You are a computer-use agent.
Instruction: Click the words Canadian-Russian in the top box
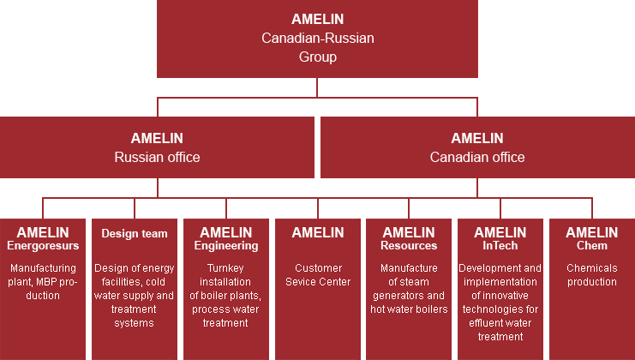[317, 38]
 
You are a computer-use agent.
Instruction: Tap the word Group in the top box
[317, 57]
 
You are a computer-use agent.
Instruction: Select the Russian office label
[157, 157]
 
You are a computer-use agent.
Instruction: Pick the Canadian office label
[477, 157]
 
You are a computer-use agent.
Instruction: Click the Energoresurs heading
[43, 246]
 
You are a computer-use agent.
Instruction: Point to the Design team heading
[135, 234]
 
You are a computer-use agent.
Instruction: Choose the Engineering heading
[226, 246]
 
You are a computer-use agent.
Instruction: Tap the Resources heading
[409, 245]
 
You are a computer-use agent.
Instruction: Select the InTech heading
[500, 245]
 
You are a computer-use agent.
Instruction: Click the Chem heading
[592, 245]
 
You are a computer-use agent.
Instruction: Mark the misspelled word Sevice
[299, 282]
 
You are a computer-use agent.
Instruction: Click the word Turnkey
[225, 268]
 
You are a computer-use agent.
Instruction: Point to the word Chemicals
[592, 268]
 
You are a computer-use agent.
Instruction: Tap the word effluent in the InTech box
[485, 323]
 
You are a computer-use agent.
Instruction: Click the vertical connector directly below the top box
[317, 87]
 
